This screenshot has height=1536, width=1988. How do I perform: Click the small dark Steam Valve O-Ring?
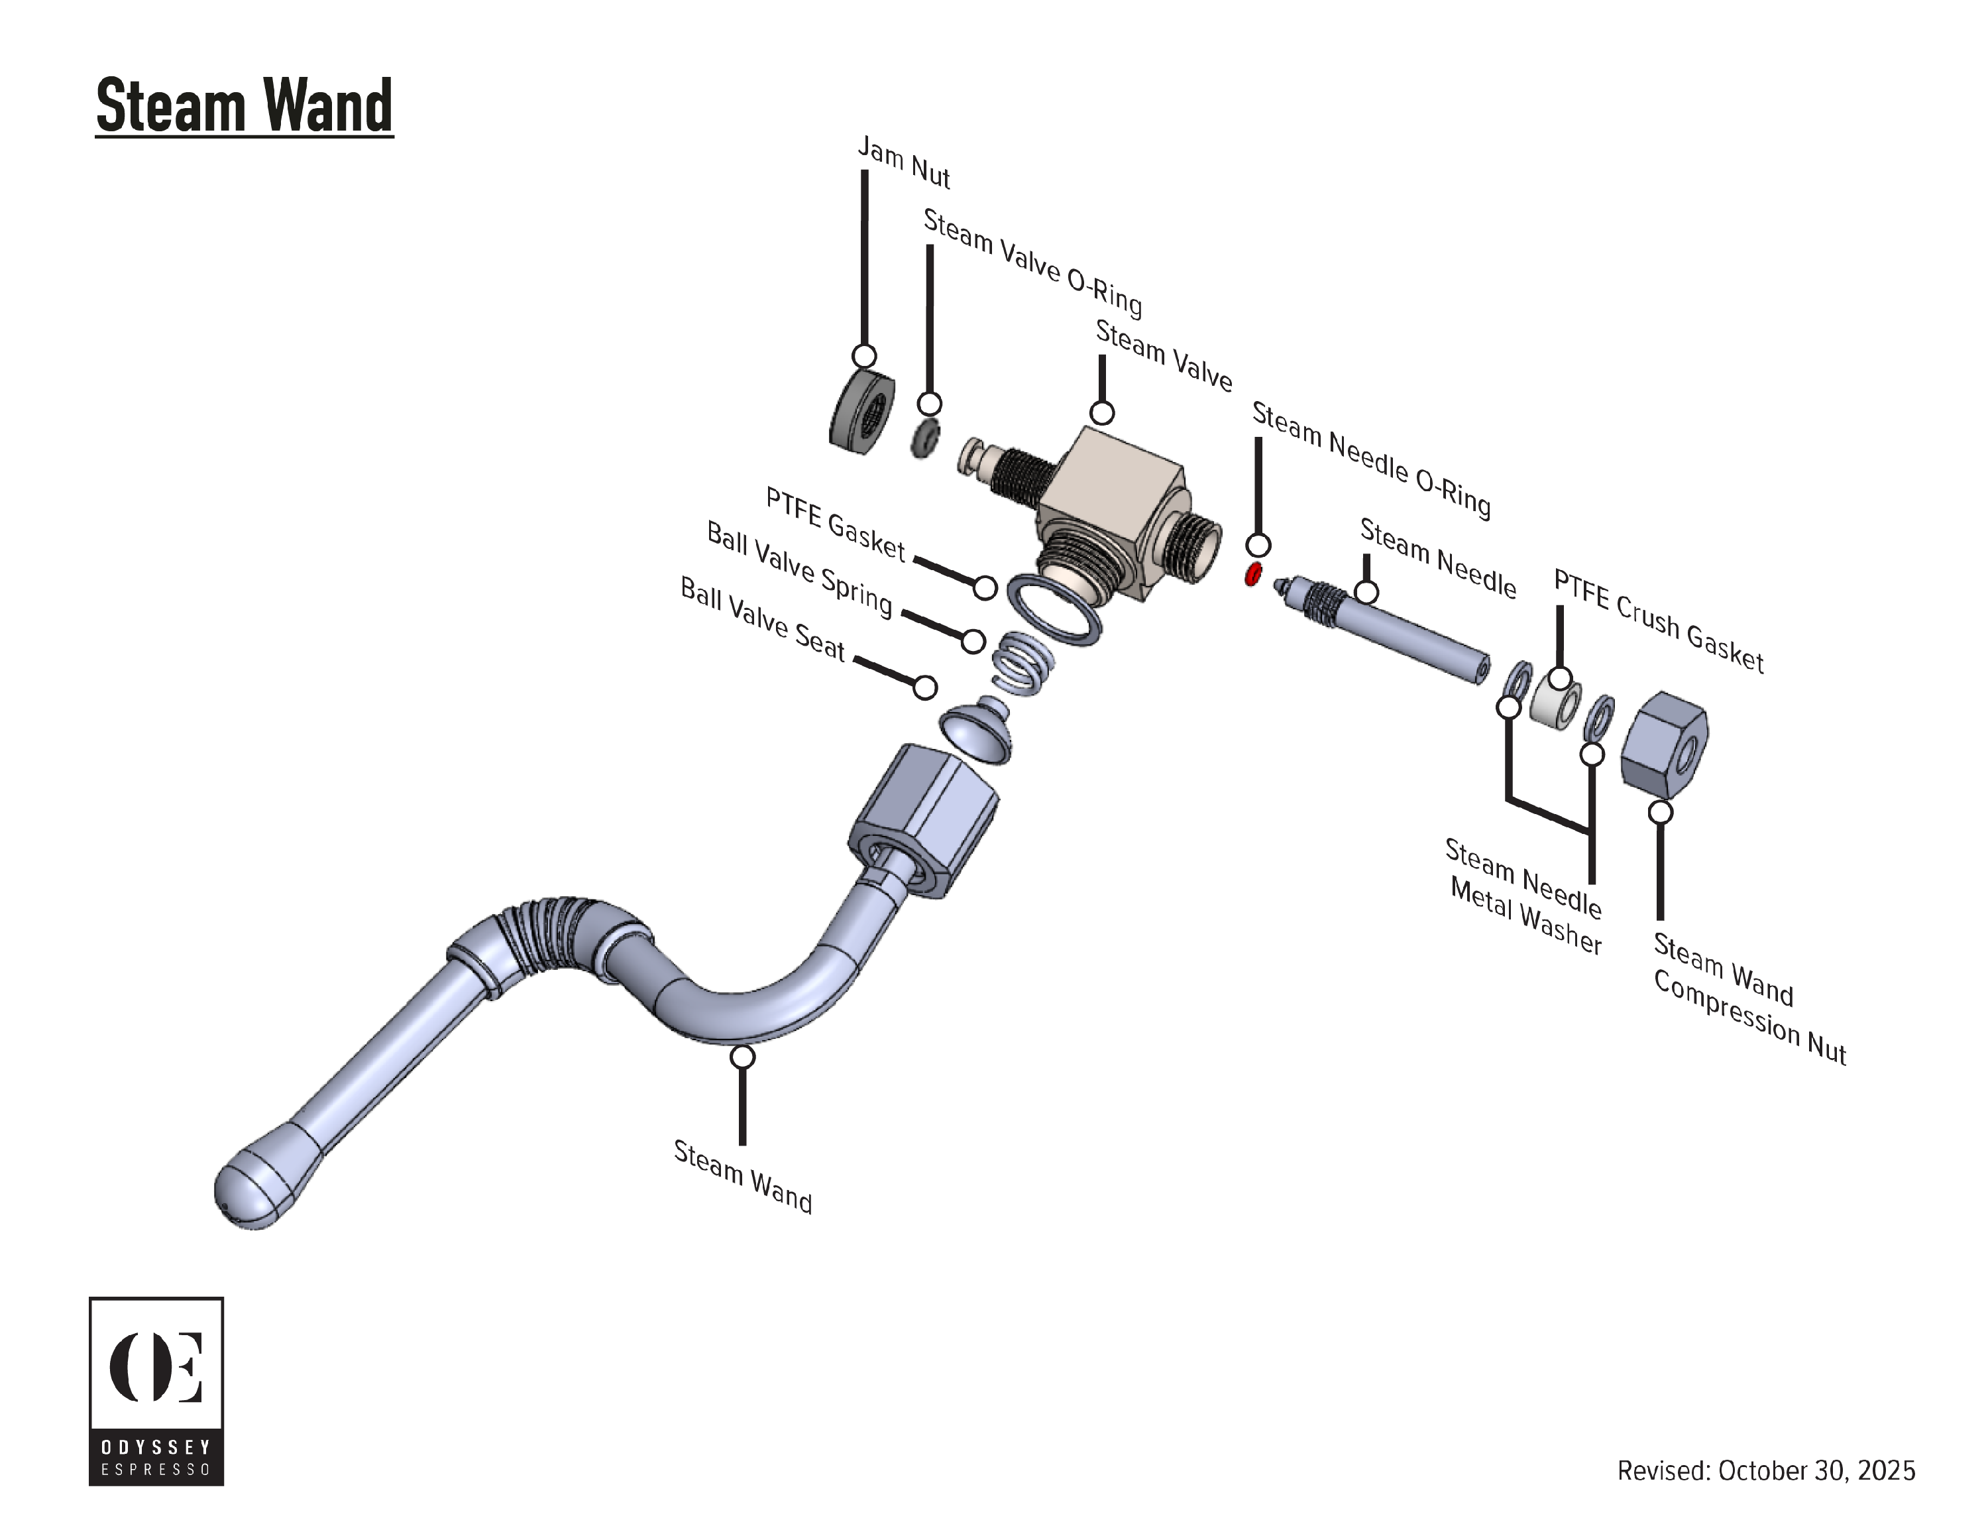[926, 440]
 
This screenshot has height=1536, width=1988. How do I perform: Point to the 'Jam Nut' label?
[904, 164]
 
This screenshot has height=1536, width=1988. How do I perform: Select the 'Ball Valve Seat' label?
[763, 619]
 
